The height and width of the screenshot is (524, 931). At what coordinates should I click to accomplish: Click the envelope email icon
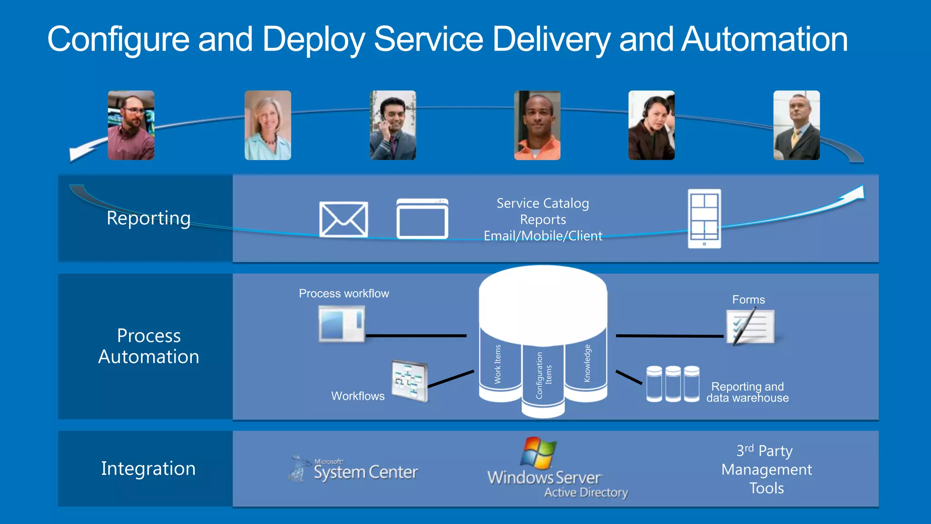click(x=343, y=220)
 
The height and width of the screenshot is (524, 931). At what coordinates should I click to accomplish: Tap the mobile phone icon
click(x=704, y=219)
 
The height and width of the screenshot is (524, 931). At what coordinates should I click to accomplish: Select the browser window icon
click(x=422, y=219)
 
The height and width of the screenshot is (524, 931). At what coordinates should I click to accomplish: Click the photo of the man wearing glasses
click(x=131, y=125)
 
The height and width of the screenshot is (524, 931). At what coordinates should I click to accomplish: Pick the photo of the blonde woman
click(x=268, y=125)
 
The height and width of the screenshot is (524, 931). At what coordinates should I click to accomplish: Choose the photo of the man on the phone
click(x=393, y=125)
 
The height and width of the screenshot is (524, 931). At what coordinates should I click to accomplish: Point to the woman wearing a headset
click(x=651, y=125)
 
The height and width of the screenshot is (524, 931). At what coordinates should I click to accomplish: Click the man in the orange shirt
click(x=537, y=125)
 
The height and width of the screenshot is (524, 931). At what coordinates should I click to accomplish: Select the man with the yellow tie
click(x=796, y=125)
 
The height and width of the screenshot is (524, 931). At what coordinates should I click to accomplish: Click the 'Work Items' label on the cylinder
click(x=498, y=364)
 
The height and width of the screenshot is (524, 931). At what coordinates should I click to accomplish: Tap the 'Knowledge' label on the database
click(x=587, y=363)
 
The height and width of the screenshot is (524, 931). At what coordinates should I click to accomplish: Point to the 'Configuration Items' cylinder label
click(x=544, y=375)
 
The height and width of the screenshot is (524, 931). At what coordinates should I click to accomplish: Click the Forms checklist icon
click(x=751, y=327)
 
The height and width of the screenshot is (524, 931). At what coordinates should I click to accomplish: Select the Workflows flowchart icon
click(x=410, y=381)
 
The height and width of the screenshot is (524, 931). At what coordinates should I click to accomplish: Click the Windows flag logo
click(x=539, y=453)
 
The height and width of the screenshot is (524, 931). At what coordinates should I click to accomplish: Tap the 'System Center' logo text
click(x=365, y=472)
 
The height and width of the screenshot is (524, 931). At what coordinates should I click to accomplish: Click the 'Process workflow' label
click(x=344, y=293)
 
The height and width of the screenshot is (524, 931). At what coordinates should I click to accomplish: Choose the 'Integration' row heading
click(x=148, y=469)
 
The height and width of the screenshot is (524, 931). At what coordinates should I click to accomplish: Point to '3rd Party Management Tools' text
click(x=766, y=469)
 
